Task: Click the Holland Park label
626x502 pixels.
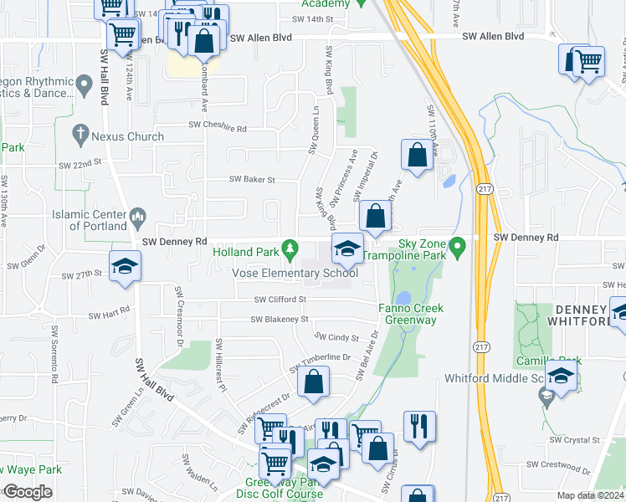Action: point(245,251)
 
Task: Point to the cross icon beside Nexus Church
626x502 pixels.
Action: point(80,133)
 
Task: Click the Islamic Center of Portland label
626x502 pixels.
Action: point(88,220)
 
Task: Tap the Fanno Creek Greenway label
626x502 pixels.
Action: point(410,314)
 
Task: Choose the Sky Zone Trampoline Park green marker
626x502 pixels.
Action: point(457,248)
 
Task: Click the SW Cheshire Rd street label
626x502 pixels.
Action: point(218,129)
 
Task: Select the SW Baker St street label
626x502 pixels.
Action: point(253,179)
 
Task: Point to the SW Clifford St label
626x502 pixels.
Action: point(280,299)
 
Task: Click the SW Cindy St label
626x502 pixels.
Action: point(337,338)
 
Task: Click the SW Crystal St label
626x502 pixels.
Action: point(572,439)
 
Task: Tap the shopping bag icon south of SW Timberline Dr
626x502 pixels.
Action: point(313,382)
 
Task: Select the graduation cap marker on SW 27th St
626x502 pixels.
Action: point(126,266)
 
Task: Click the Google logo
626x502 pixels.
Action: point(28,492)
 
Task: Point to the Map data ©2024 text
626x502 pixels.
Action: point(591,495)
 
